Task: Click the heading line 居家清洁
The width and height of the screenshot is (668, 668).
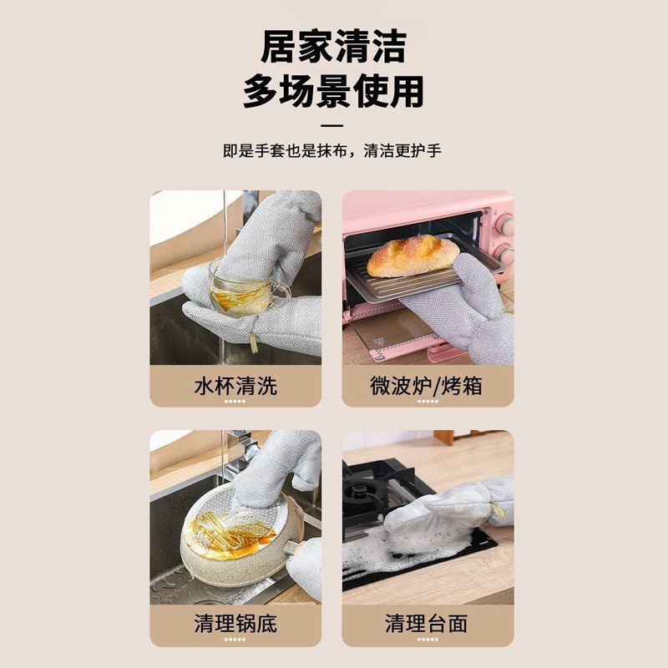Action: (x=333, y=46)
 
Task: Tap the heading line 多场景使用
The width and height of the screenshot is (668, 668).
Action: (x=333, y=91)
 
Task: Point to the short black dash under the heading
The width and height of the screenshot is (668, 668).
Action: (x=331, y=126)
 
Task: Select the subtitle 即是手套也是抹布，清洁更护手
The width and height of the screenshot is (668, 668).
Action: (x=331, y=151)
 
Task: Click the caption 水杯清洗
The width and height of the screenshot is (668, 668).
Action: (x=235, y=386)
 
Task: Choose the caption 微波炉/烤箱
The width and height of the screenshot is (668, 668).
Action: (x=426, y=386)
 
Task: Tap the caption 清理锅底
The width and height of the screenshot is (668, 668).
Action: (x=235, y=623)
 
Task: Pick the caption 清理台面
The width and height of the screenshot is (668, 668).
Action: (x=427, y=623)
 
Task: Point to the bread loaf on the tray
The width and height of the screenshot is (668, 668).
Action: (x=412, y=256)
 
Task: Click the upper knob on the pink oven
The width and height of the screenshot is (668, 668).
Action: (x=505, y=225)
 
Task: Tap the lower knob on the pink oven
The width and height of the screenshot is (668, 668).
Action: (x=506, y=255)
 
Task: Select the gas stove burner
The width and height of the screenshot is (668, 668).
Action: (x=362, y=495)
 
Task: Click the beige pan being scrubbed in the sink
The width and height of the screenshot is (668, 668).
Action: (x=240, y=538)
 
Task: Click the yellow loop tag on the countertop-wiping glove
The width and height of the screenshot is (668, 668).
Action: (x=497, y=509)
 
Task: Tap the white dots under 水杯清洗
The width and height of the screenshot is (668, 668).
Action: (x=235, y=402)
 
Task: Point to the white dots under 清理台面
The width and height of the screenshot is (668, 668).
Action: (x=428, y=639)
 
